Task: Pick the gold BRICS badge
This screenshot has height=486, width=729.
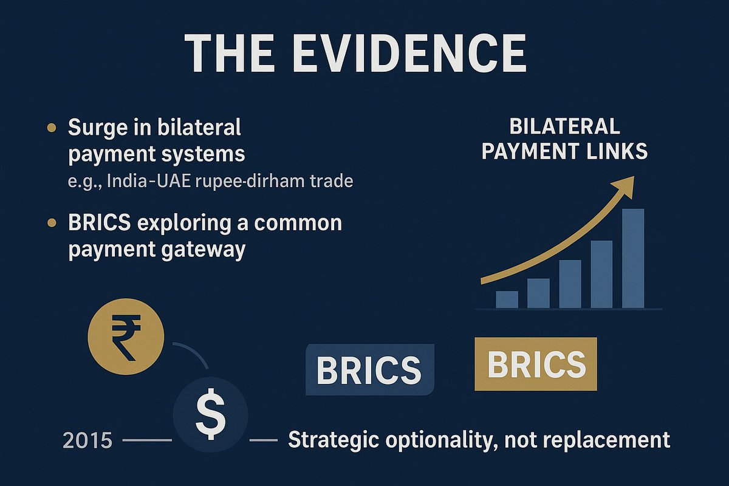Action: tap(536, 364)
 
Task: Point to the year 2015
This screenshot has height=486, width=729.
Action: tap(88, 440)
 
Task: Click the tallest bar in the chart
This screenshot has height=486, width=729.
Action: tap(632, 258)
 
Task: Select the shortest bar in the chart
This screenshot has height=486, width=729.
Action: tap(507, 299)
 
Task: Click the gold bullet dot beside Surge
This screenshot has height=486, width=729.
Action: tap(52, 128)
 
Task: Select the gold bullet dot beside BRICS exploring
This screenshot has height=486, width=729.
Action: tap(52, 224)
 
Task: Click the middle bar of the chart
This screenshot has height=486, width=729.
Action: tap(570, 284)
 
